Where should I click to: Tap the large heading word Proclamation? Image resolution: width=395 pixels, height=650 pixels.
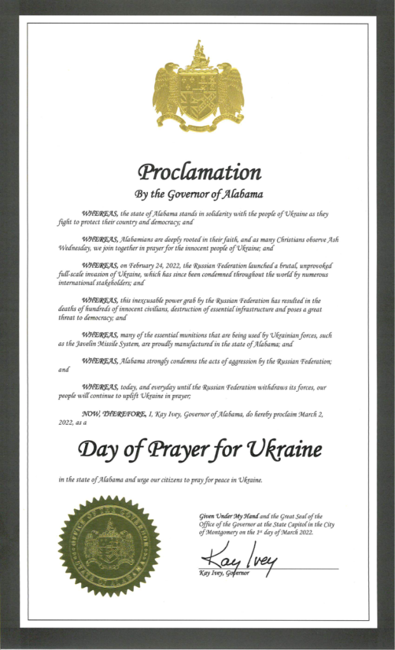click(199, 172)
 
